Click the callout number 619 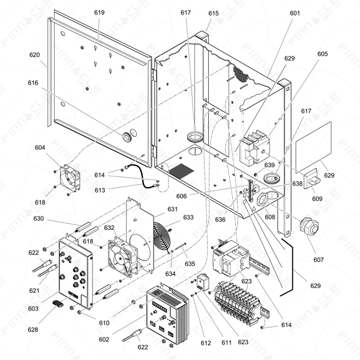click(99, 13)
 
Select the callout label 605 click(323, 54)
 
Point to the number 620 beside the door click(34, 55)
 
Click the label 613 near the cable click(100, 190)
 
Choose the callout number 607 click(319, 260)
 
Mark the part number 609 click(317, 199)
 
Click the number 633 click(188, 218)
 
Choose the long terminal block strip click(237, 298)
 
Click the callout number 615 click(214, 13)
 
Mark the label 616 click(32, 83)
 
